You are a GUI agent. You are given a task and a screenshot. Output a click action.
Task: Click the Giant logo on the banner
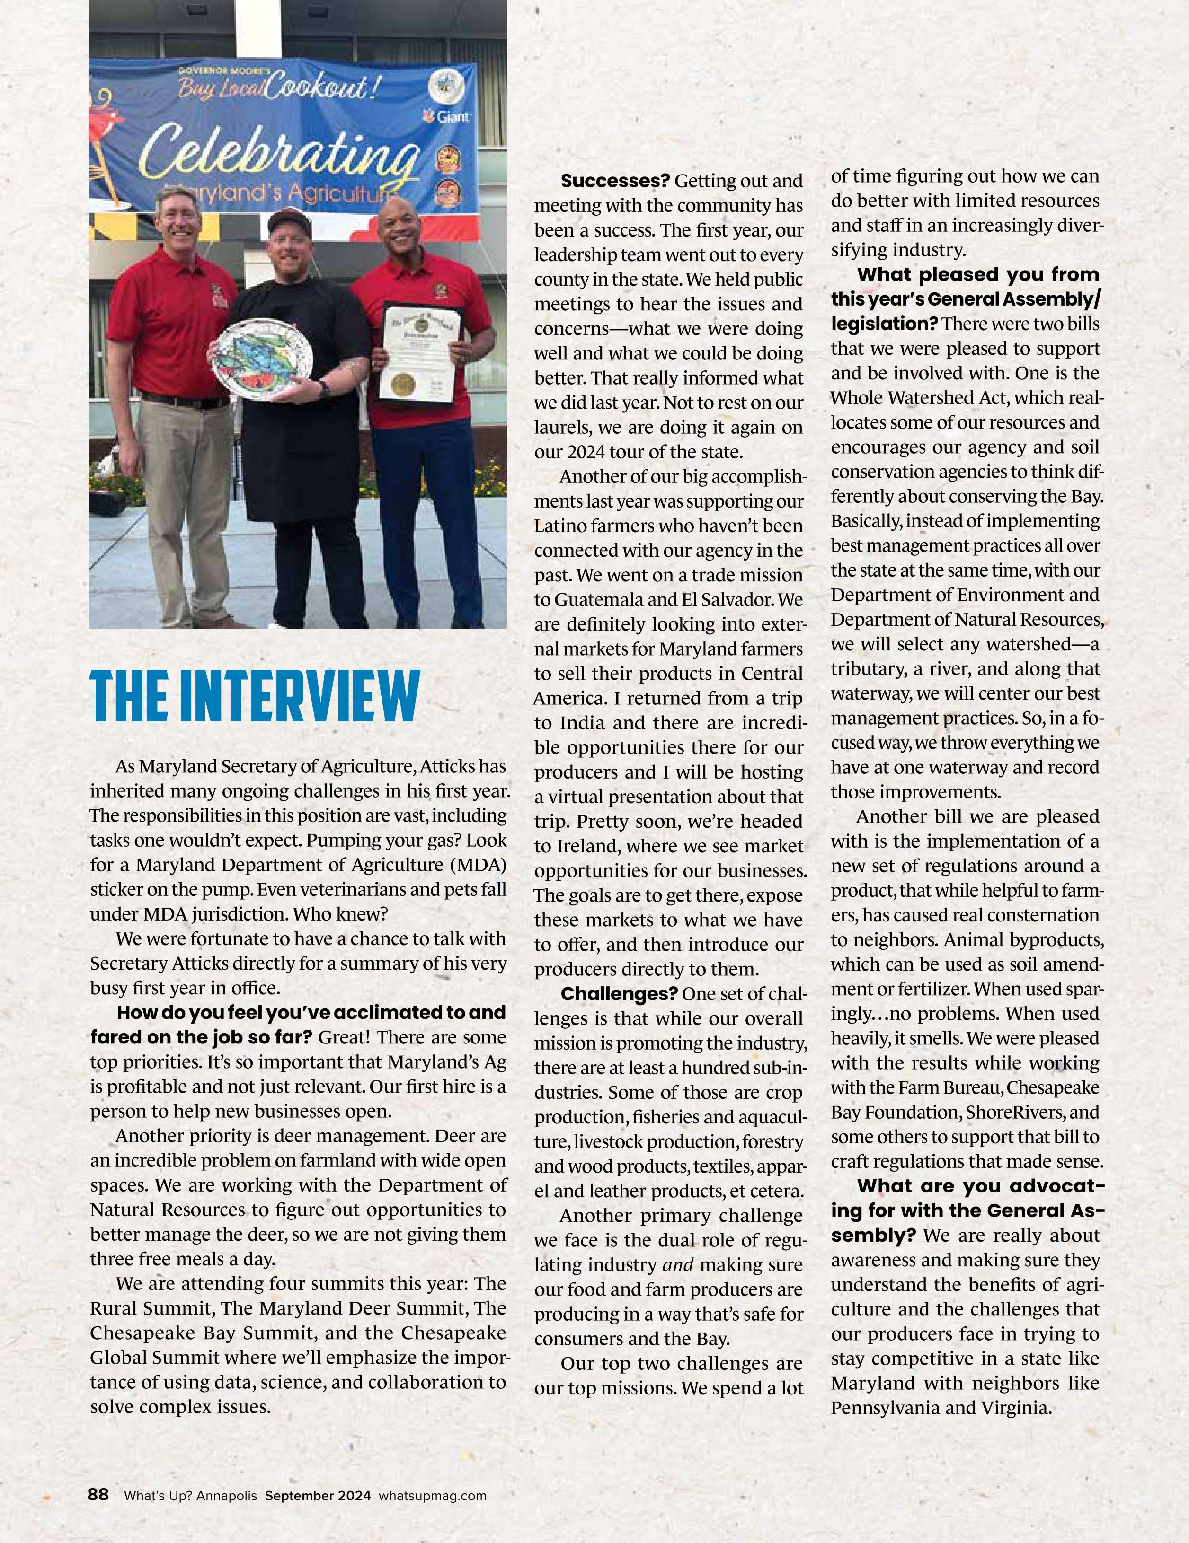447,116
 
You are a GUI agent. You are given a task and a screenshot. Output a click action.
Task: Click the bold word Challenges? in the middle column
619,994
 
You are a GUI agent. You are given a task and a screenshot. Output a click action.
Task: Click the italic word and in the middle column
677,1265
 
